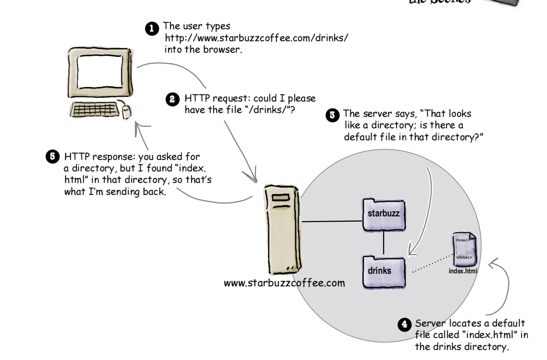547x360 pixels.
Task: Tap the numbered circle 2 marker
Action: coord(172,100)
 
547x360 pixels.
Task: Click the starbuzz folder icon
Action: coord(383,214)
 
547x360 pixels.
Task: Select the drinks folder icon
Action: coord(383,271)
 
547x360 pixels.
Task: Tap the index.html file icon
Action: coord(464,249)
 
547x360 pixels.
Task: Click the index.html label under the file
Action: coord(463,271)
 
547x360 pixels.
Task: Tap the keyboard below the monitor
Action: coord(94,110)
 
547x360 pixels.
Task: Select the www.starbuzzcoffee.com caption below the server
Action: coord(284,283)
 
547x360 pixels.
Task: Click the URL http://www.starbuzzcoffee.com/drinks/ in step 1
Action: coord(256,38)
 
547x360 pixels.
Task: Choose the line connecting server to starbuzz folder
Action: coord(331,222)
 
